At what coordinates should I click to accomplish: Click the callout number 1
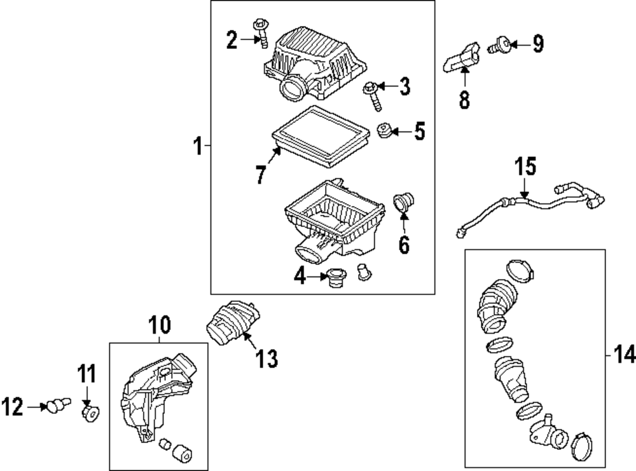point(198,148)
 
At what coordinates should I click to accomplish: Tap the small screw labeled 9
point(499,44)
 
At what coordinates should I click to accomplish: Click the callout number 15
point(525,168)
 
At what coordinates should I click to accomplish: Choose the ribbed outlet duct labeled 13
point(231,322)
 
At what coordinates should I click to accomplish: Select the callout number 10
point(159,325)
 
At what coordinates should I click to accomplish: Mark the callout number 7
point(260,175)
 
